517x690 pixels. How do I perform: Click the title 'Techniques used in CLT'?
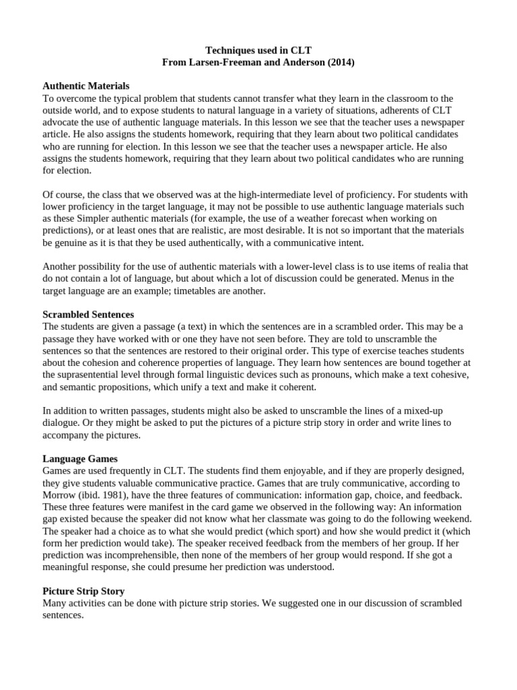coord(258,50)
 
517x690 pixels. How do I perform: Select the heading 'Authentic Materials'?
coord(86,86)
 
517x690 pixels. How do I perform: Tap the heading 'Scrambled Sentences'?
coord(88,315)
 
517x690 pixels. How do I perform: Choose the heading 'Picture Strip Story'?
coord(83,591)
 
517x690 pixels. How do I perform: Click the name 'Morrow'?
coord(59,495)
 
